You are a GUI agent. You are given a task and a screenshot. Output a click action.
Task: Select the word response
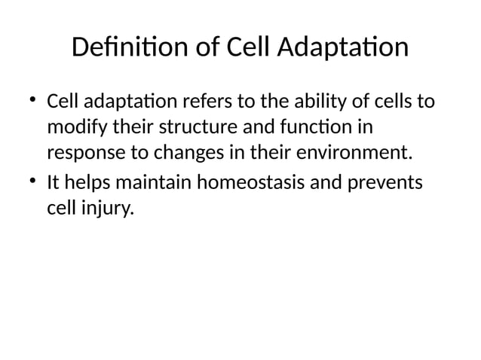point(81,154)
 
